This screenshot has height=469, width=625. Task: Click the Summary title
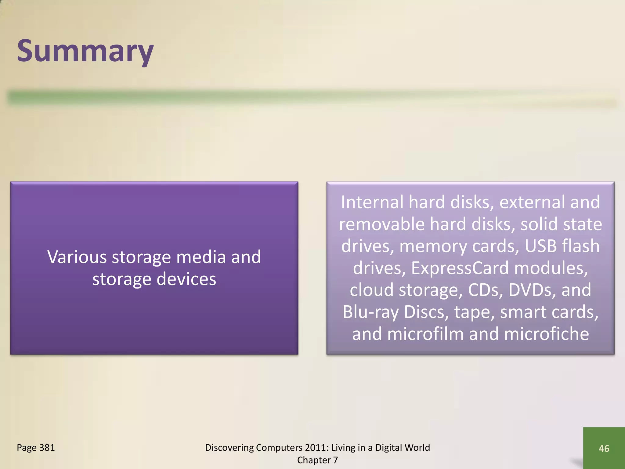(85, 51)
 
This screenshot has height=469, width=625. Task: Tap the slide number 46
(604, 448)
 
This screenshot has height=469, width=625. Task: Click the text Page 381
(36, 447)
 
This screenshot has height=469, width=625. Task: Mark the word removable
(381, 224)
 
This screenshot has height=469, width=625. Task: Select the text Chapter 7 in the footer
(317, 460)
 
